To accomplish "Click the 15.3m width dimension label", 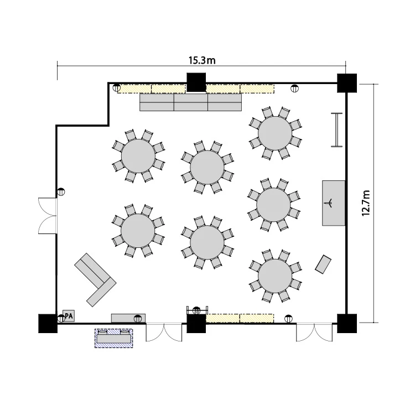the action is (202, 60).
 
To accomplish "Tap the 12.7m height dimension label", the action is (366, 203).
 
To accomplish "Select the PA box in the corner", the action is (69, 316).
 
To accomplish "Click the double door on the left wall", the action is (48, 216).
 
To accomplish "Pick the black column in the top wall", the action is (196, 82).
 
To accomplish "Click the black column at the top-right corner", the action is (347, 83).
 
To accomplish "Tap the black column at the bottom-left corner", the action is (48, 324).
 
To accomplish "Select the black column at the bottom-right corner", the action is (347, 324).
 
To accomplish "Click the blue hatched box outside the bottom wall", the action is (114, 338).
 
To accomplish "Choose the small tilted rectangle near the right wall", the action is (323, 264).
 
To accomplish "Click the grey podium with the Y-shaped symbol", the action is (334, 203).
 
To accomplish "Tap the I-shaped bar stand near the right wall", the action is (336, 129).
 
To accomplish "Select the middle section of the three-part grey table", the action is (191, 102).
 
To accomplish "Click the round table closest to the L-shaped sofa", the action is (138, 231).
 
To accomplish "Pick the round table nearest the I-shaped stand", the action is (275, 133).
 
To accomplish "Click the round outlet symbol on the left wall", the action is (61, 191).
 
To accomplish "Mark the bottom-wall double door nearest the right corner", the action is (314, 332).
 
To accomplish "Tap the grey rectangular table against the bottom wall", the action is (128, 318).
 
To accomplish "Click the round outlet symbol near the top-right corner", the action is (294, 89).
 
